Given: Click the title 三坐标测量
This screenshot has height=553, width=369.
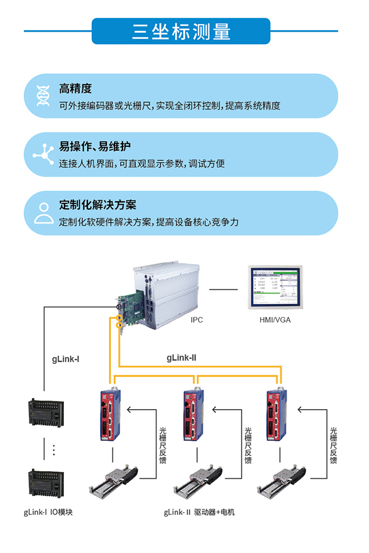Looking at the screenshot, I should coord(181,31).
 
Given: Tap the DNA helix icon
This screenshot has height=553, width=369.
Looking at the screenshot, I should coord(43,96).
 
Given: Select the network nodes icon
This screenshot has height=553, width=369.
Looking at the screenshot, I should coord(43,154).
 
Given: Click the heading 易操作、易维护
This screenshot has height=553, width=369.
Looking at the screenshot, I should coord(95,147).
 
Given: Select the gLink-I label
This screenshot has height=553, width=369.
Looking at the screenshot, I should coord(65,358).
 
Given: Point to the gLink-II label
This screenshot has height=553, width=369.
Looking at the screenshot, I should coord(181,356).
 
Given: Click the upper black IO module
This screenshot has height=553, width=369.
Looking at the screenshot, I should coord(43,413).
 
